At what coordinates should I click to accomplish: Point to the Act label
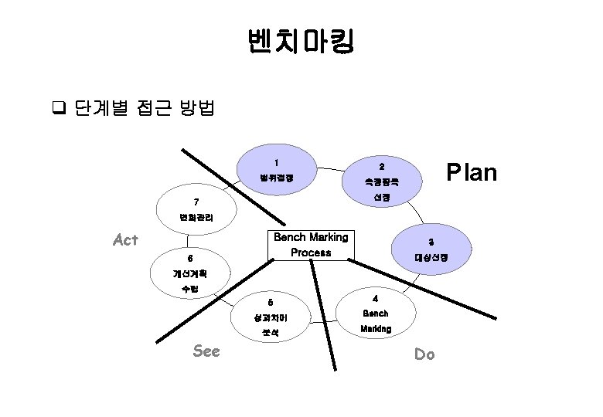click(124, 240)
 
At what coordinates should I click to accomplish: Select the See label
click(206, 351)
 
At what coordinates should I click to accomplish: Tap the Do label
click(424, 354)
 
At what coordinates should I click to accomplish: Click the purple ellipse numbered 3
click(431, 249)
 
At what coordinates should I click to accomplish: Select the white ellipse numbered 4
click(375, 314)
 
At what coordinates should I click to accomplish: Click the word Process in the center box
click(311, 253)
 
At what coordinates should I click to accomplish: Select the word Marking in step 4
click(376, 328)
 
